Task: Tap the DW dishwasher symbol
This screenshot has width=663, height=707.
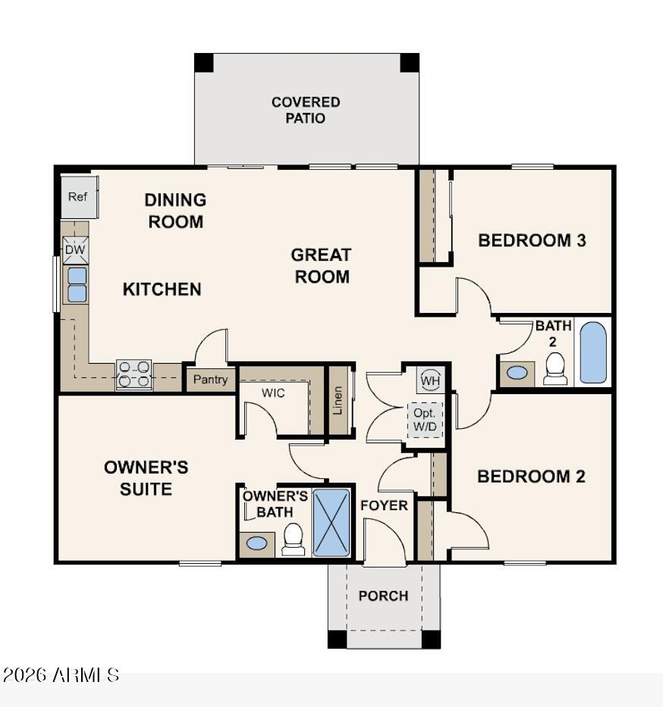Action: pyautogui.click(x=75, y=250)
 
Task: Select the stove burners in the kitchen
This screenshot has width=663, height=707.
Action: pyautogui.click(x=134, y=374)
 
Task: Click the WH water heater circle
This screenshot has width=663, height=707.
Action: pyautogui.click(x=430, y=380)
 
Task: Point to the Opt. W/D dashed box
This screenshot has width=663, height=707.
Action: pyautogui.click(x=425, y=420)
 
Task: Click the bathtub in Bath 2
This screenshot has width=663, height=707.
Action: pyautogui.click(x=592, y=352)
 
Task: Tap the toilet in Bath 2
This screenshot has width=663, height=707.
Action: pyautogui.click(x=555, y=369)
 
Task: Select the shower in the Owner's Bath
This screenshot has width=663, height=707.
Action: pyautogui.click(x=331, y=523)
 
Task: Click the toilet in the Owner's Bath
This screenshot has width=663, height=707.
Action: pyautogui.click(x=293, y=540)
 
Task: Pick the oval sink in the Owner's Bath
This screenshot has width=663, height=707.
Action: pyautogui.click(x=257, y=543)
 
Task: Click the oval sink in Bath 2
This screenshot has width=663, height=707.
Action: pyautogui.click(x=517, y=373)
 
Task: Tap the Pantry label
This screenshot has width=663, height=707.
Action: pyautogui.click(x=210, y=379)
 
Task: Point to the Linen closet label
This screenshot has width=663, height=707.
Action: pyautogui.click(x=338, y=400)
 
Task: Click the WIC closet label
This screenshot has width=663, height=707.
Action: pyautogui.click(x=273, y=393)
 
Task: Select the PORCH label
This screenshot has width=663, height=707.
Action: pyautogui.click(x=383, y=596)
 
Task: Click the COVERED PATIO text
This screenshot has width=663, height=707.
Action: pyautogui.click(x=306, y=110)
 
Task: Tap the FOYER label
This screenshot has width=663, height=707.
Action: pyautogui.click(x=384, y=505)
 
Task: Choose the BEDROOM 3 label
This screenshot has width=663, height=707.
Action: pyautogui.click(x=532, y=240)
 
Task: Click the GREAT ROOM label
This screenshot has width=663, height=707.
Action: pyautogui.click(x=322, y=266)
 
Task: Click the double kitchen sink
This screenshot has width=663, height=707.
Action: pyautogui.click(x=77, y=285)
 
